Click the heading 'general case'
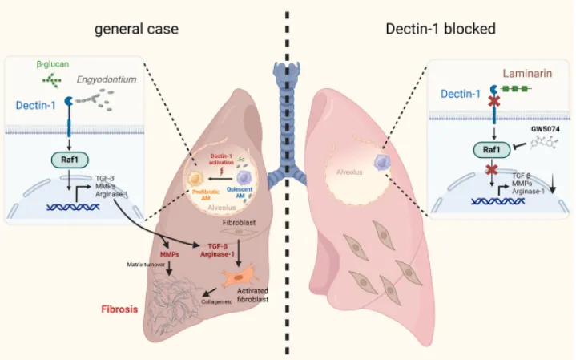pyautogui.click(x=136, y=29)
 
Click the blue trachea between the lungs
pyautogui.click(x=287, y=112)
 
